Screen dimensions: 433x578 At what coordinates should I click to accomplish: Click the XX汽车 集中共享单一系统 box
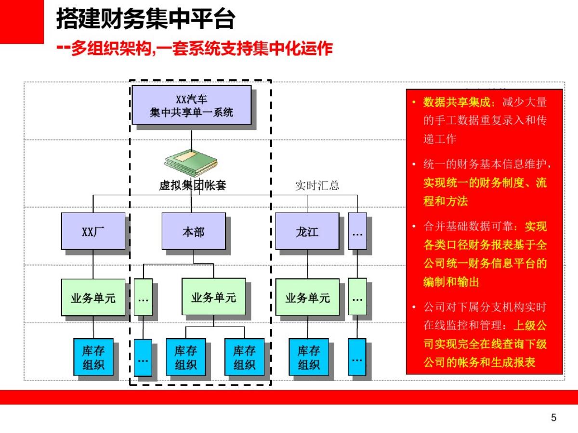[192, 105]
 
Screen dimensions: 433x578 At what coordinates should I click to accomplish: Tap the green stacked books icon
[191, 162]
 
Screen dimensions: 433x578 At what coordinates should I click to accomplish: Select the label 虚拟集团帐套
[192, 185]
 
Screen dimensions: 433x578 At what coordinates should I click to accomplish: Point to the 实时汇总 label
[317, 186]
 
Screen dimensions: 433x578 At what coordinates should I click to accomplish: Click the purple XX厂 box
[93, 231]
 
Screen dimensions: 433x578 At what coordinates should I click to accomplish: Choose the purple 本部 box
[193, 231]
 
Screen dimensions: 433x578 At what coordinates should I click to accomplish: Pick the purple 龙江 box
[307, 231]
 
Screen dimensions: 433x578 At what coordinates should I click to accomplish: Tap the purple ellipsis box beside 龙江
[357, 231]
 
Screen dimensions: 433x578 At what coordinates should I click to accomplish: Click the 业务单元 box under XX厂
[93, 297]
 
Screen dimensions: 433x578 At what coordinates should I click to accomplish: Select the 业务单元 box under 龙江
[307, 297]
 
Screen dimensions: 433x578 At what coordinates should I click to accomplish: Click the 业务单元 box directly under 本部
[213, 296]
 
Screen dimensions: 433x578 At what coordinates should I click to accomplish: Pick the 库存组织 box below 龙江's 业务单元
[308, 357]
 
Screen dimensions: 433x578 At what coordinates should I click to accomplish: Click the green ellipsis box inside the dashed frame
[143, 297]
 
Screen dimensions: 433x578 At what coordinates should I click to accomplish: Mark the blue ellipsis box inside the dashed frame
[143, 357]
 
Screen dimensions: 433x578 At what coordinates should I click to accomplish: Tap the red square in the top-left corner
[21, 21]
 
